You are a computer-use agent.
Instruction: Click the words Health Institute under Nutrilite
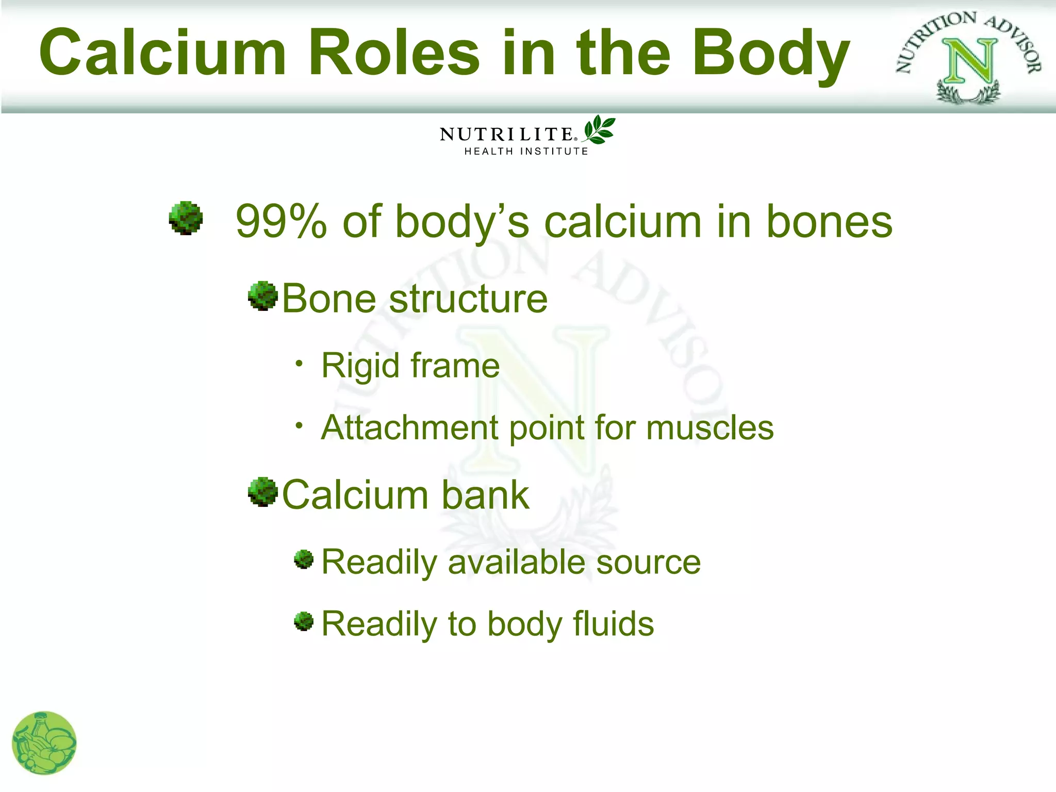[526, 151]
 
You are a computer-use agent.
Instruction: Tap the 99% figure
[281, 222]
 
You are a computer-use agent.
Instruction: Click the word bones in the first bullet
[829, 222]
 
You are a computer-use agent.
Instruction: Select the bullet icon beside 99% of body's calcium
[186, 218]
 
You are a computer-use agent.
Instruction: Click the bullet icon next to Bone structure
[263, 296]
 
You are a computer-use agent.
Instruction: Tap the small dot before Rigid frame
[299, 364]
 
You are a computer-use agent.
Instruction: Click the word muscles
[709, 428]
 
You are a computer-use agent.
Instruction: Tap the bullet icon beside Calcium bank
[263, 492]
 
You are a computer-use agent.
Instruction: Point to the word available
[516, 562]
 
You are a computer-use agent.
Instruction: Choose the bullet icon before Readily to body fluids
[304, 621]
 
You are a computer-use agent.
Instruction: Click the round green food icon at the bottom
[44, 743]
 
